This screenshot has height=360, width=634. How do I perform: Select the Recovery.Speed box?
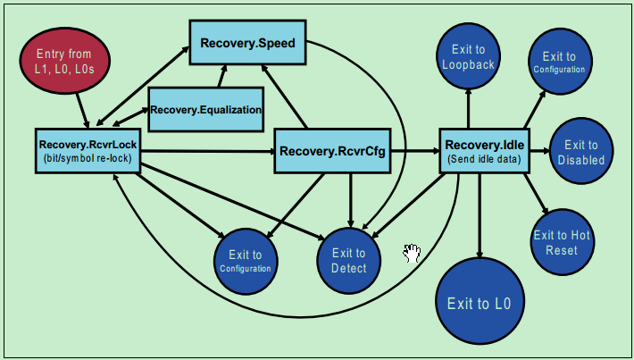click(254, 43)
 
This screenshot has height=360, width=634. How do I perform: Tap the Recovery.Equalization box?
click(206, 110)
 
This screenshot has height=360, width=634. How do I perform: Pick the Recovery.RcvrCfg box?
click(332, 152)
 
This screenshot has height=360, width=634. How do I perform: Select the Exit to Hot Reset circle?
click(562, 242)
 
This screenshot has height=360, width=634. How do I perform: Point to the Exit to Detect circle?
click(349, 260)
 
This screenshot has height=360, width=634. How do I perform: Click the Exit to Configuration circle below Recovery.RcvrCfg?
click(245, 262)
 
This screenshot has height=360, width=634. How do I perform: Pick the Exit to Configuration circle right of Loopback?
click(559, 62)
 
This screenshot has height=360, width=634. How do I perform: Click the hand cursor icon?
click(412, 253)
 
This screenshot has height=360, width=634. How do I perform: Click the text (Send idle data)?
click(484, 161)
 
